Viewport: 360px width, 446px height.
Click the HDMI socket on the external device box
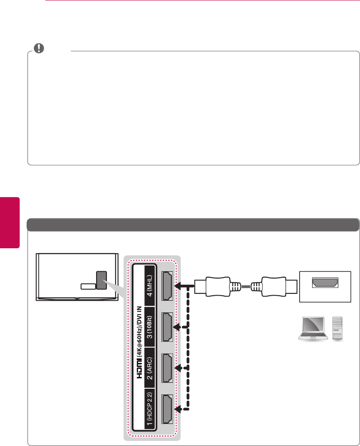tap(324, 283)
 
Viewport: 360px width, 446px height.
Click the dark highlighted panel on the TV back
tap(101, 280)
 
